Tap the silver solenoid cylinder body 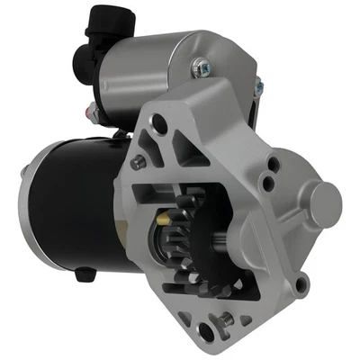(148, 67)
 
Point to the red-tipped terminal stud (90, 112)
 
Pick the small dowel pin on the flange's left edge (139, 162)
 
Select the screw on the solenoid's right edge (258, 85)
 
